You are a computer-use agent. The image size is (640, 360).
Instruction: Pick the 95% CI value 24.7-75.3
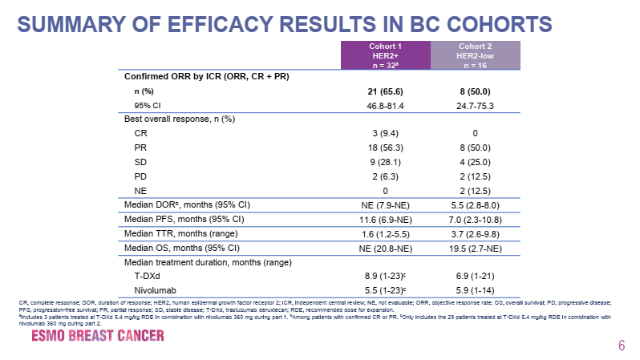click(x=476, y=104)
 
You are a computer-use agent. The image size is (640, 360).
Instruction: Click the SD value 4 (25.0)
click(x=476, y=162)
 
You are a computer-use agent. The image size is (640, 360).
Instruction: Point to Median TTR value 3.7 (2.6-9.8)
click(x=476, y=233)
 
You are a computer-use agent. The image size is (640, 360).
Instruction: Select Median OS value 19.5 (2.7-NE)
click(x=476, y=248)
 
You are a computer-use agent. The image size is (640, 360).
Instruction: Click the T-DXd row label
click(x=145, y=276)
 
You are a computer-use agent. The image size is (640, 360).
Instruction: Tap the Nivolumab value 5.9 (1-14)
click(x=476, y=290)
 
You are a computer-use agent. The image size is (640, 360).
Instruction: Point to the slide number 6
click(x=621, y=346)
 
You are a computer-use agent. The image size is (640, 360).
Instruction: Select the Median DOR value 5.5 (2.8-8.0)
click(x=476, y=205)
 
